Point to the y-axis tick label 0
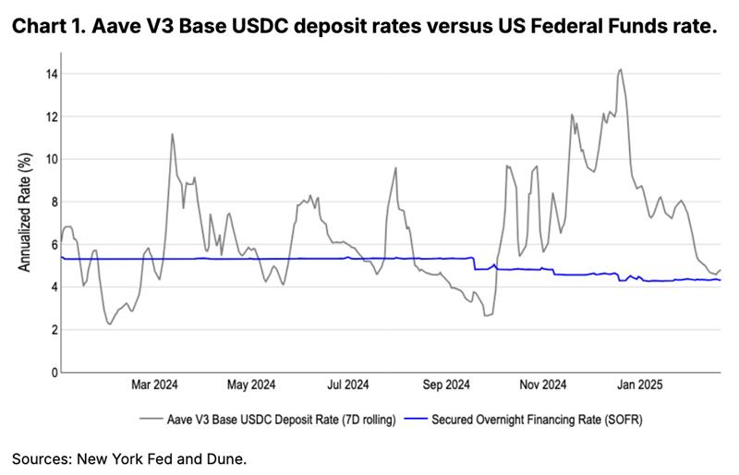[52, 372]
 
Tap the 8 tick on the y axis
[52, 201]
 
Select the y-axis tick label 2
[52, 330]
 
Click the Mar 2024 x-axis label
[154, 384]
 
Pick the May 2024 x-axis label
[251, 384]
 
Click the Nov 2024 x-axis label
[543, 384]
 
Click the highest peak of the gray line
[620, 69]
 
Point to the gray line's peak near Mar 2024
[172, 134]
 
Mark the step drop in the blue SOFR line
[473, 263]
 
